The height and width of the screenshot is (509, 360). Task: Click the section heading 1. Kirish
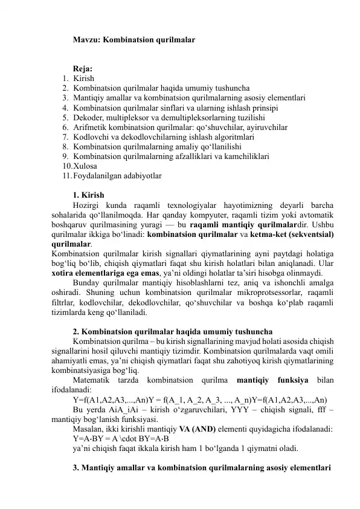[x=88, y=195]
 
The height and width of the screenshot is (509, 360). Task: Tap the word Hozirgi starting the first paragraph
[x=87, y=205]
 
